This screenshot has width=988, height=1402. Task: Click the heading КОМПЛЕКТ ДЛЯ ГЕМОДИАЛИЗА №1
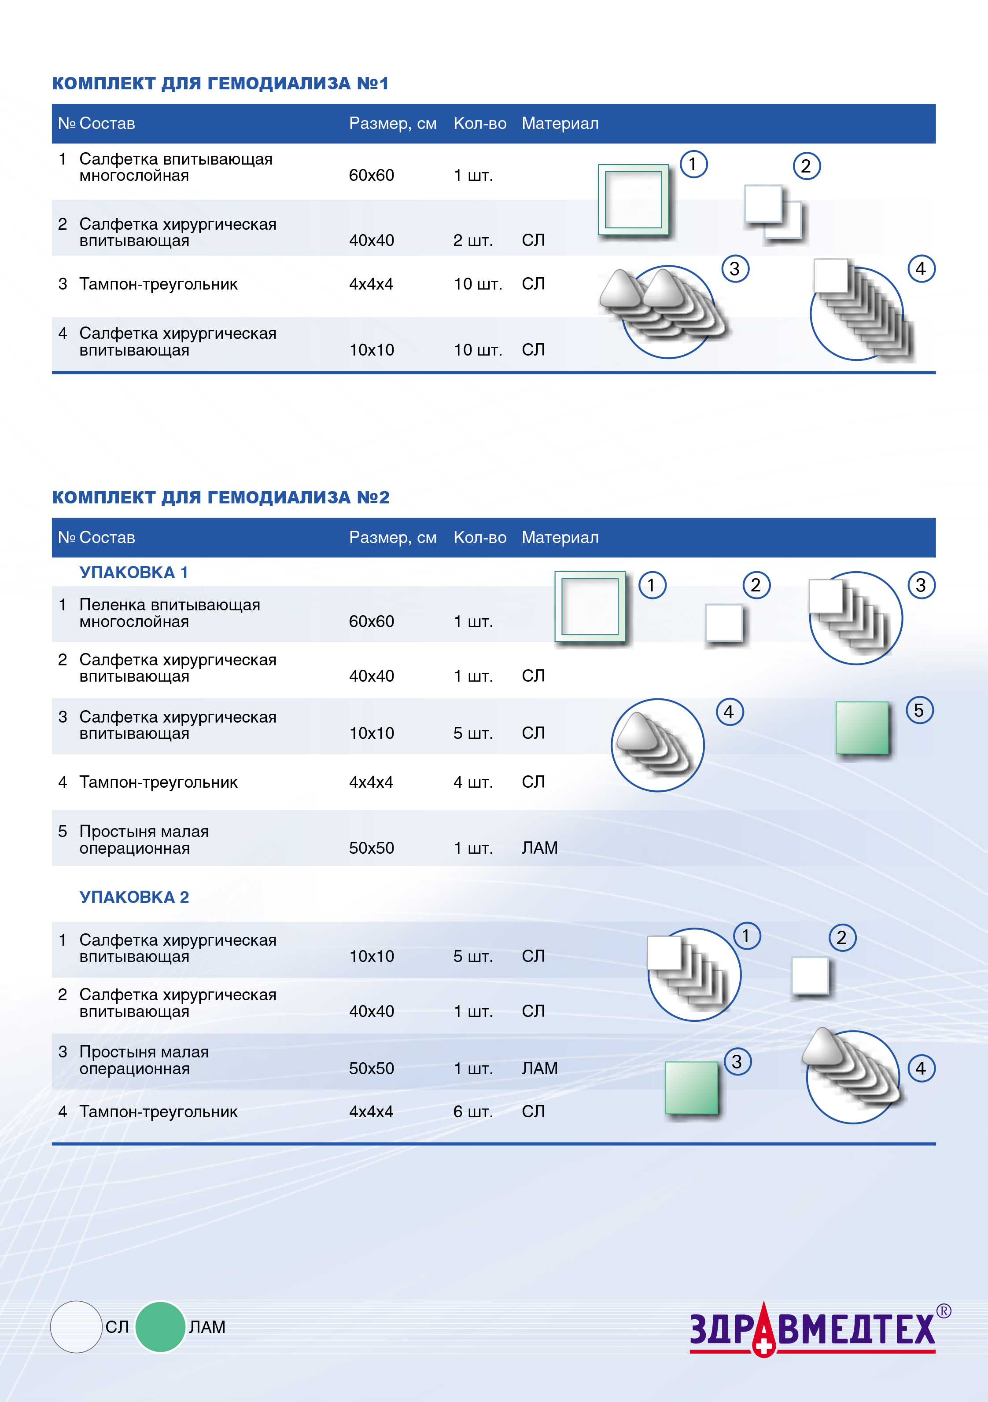[220, 83]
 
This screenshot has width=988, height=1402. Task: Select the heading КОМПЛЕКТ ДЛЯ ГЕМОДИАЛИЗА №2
[220, 497]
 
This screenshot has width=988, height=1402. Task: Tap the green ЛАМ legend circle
[160, 1326]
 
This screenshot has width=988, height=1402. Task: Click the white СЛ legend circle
[76, 1326]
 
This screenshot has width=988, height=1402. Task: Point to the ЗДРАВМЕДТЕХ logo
[813, 1330]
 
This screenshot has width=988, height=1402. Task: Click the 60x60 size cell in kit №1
[372, 175]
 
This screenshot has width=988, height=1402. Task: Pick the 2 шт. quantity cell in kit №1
[473, 240]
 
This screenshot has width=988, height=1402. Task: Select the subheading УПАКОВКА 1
[133, 572]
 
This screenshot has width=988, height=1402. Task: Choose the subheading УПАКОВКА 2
[134, 897]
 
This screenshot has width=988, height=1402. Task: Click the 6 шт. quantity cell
[473, 1111]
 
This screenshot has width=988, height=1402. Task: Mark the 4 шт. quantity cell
[473, 782]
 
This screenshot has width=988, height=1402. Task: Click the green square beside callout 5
[862, 727]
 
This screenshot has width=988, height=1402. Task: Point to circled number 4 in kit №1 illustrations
[921, 269]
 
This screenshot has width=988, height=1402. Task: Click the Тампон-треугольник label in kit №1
[158, 284]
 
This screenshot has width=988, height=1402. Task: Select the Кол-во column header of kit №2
[479, 537]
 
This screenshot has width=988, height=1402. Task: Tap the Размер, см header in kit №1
[392, 123]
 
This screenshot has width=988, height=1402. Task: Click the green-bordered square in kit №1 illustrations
[633, 200]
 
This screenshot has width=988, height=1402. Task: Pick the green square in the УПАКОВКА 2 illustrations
[691, 1087]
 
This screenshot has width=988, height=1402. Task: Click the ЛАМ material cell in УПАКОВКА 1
[539, 848]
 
